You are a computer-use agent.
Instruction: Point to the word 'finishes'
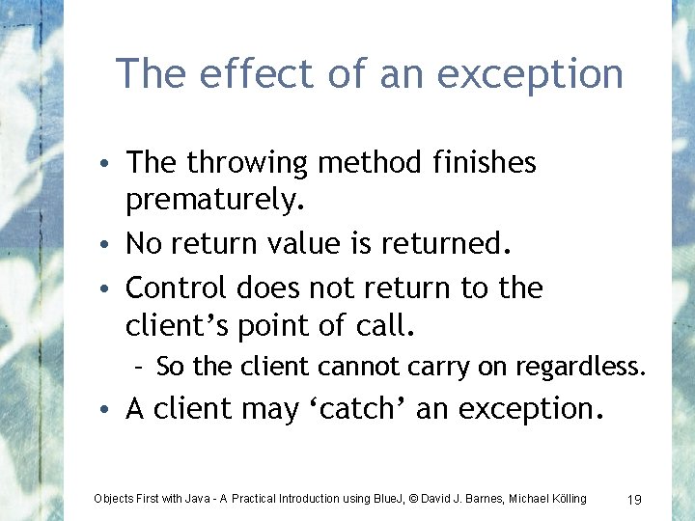tap(482, 163)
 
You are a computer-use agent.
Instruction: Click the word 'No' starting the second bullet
tap(145, 244)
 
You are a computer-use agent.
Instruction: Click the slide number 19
tap(634, 499)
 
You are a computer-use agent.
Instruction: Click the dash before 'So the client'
tap(140, 367)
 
